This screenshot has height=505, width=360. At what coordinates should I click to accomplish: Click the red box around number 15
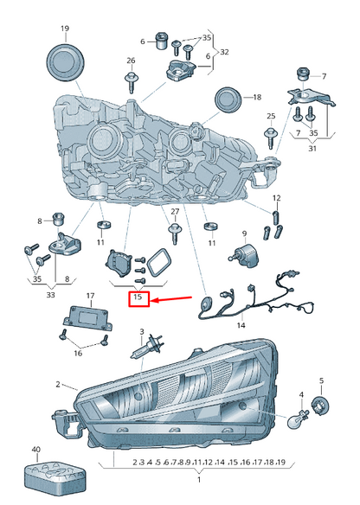139,299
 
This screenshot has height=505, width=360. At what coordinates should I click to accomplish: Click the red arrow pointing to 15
171,300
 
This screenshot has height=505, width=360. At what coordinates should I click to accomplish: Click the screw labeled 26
131,82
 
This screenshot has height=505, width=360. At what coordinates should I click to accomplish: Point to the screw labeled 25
271,137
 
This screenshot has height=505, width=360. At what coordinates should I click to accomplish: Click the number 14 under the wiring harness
241,325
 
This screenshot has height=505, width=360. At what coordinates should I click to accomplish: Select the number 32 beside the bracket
224,52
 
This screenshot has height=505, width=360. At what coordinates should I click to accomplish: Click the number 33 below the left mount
50,294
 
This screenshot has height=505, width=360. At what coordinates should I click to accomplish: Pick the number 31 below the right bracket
312,148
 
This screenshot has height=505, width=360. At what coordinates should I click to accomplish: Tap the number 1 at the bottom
199,480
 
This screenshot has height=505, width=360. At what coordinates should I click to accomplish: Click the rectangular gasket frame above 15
159,263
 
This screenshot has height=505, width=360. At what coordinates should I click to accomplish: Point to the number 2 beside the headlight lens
58,384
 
